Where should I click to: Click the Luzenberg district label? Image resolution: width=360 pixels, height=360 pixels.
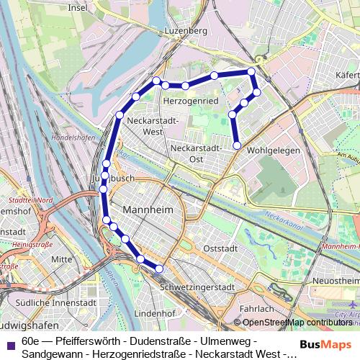coord(186,31)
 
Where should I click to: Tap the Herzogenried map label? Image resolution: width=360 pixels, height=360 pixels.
coord(192,102)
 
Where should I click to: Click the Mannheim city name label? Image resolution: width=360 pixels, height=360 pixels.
coord(149,210)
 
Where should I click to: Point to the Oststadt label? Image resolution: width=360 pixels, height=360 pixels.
coord(220,248)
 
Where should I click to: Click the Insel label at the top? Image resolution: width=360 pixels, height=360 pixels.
coord(77,8)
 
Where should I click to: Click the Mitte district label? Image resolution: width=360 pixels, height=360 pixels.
coord(62,258)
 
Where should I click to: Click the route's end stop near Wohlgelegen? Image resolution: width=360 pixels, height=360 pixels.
coord(238,146)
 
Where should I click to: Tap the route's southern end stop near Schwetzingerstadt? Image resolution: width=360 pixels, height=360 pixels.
coord(159,269)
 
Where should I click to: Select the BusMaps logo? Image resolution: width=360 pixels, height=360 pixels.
coord(326,344)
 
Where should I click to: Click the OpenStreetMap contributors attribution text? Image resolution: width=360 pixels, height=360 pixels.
coord(297,323)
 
